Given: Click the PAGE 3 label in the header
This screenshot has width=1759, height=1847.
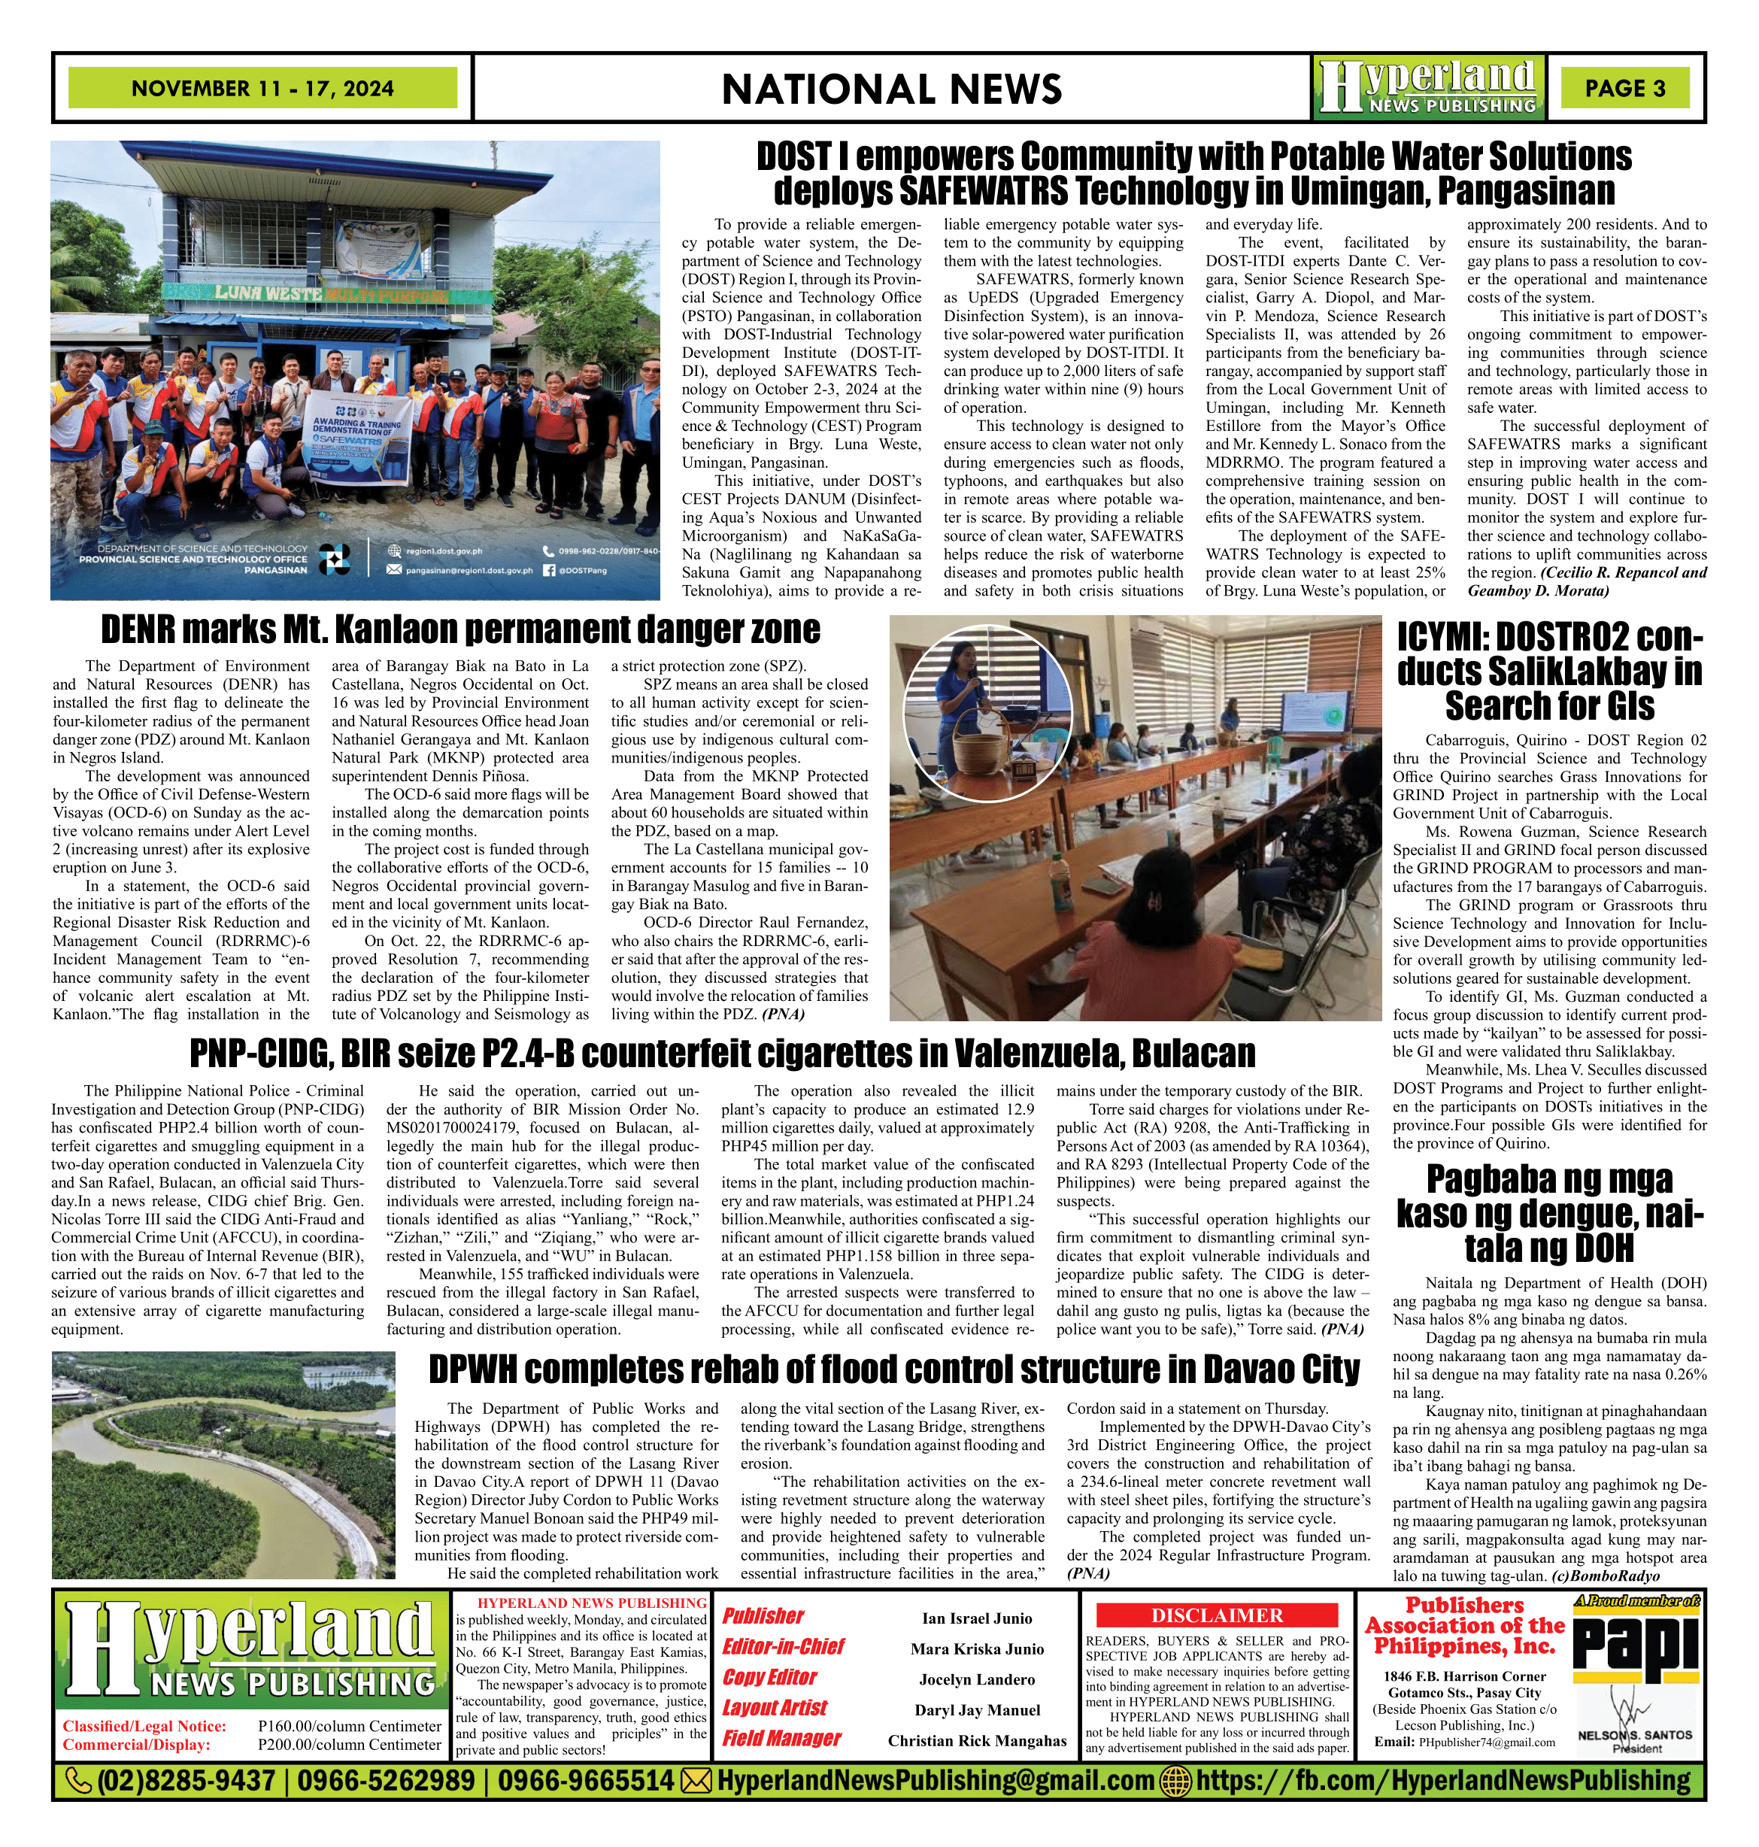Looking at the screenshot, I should (x=1625, y=88).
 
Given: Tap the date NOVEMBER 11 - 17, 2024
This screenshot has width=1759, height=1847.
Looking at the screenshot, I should (x=262, y=88).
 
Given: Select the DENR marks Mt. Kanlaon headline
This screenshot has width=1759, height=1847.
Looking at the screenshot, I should (x=460, y=630).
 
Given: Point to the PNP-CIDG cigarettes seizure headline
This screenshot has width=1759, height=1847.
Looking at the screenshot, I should (x=722, y=1054).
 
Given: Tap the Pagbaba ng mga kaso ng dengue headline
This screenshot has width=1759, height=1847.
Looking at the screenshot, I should (x=1549, y=1213).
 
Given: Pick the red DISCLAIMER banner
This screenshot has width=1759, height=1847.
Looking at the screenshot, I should (x=1217, y=1615).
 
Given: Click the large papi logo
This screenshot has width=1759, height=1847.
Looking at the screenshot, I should (x=1636, y=1645).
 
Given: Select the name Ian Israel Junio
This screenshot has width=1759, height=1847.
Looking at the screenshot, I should (x=976, y=1618).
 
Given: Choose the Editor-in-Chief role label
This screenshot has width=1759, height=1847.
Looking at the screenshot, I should (x=783, y=1647).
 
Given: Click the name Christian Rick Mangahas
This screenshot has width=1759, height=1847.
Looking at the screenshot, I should (x=977, y=1741).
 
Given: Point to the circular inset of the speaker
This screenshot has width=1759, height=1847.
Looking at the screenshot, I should (x=987, y=711).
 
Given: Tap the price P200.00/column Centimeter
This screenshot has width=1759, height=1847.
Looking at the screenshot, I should (x=349, y=1745).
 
